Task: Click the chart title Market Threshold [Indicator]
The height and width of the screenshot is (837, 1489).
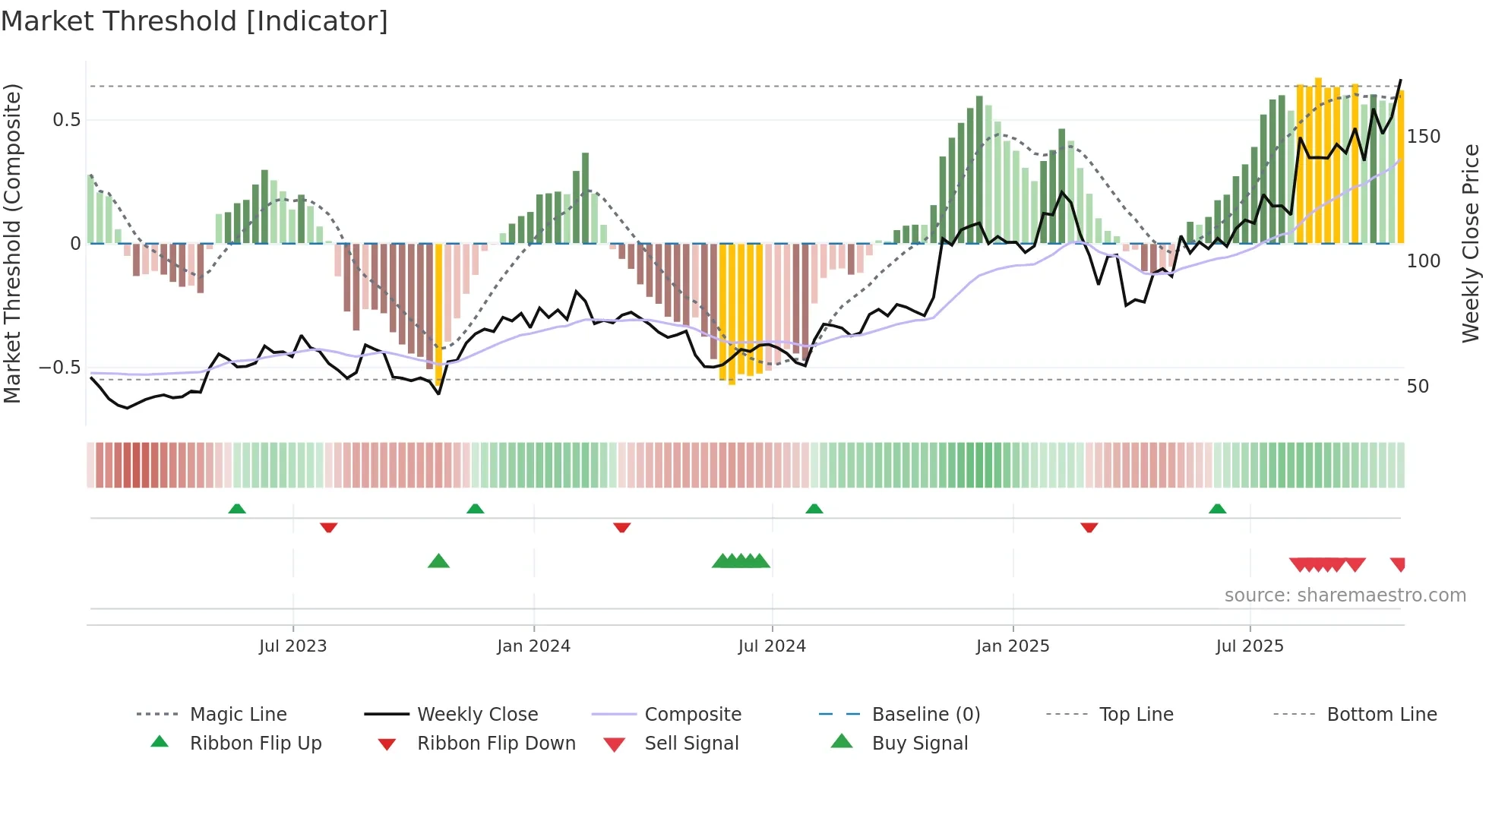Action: pyautogui.click(x=194, y=21)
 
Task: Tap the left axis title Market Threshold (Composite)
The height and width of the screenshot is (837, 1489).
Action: pyautogui.click(x=12, y=243)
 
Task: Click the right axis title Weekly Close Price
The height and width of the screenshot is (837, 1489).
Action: pyautogui.click(x=1471, y=243)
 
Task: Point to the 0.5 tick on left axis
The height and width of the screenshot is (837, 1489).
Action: pyautogui.click(x=66, y=120)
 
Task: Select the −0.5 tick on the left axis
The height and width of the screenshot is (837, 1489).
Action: pyautogui.click(x=60, y=368)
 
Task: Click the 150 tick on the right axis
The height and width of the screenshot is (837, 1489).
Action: pyautogui.click(x=1423, y=137)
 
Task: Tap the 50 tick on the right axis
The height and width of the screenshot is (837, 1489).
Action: pyautogui.click(x=1418, y=387)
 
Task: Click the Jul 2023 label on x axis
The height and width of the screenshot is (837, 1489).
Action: pyautogui.click(x=292, y=646)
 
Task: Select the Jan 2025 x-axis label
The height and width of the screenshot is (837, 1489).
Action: pyautogui.click(x=1013, y=646)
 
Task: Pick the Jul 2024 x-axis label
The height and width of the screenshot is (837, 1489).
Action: pyautogui.click(x=772, y=646)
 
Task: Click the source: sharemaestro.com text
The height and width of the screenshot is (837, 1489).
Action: pyautogui.click(x=1345, y=595)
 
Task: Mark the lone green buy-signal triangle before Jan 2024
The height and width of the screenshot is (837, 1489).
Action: pyautogui.click(x=438, y=562)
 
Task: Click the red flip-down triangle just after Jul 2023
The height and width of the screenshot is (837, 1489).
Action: pyautogui.click(x=328, y=527)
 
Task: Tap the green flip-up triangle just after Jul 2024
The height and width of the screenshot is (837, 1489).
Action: pyautogui.click(x=814, y=508)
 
